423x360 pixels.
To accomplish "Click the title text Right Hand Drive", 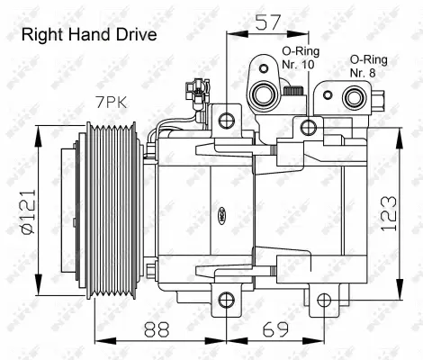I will (88, 35).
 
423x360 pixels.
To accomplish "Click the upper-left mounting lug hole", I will (225, 118).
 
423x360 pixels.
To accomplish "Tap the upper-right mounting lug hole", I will (311, 125).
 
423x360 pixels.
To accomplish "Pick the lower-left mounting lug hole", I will (224, 301).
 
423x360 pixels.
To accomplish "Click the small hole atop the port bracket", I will (261, 66).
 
